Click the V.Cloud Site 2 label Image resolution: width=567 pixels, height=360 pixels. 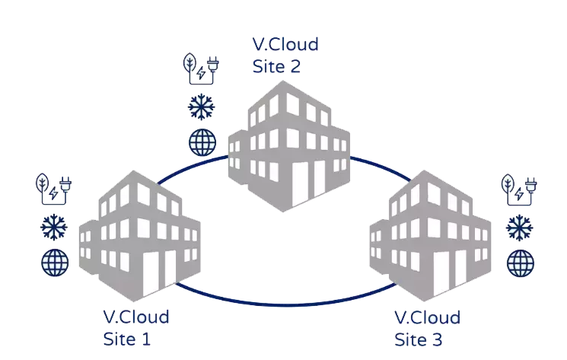click(285, 56)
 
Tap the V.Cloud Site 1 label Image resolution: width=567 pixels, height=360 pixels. click(136, 328)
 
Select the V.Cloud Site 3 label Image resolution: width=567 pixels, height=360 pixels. click(427, 329)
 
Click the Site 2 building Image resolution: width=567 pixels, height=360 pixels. click(289, 145)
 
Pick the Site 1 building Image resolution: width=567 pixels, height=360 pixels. click(139, 236)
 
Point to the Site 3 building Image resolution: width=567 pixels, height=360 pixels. click(430, 236)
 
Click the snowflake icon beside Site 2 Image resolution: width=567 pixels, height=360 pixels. click(202, 107)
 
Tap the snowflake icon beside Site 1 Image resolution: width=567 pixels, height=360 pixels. click(54, 227)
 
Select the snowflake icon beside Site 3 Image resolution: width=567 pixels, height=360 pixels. click(520, 228)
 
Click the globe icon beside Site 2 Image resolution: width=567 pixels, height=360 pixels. click(202, 142)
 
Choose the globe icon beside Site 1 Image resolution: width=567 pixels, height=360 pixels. click(55, 263)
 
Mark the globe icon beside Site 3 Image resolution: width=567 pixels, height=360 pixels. click(521, 263)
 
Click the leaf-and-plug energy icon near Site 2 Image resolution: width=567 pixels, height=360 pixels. click(201, 68)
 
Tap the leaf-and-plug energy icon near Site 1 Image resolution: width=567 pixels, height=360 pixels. click(53, 189)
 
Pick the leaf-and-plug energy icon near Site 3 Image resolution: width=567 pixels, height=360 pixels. click(519, 190)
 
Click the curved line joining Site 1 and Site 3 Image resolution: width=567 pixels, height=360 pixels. click(285, 304)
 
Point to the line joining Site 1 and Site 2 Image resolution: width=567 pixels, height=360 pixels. click(192, 167)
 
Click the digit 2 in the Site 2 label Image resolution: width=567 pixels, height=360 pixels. click(295, 66)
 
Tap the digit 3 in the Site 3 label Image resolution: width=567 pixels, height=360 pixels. click(437, 339)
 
